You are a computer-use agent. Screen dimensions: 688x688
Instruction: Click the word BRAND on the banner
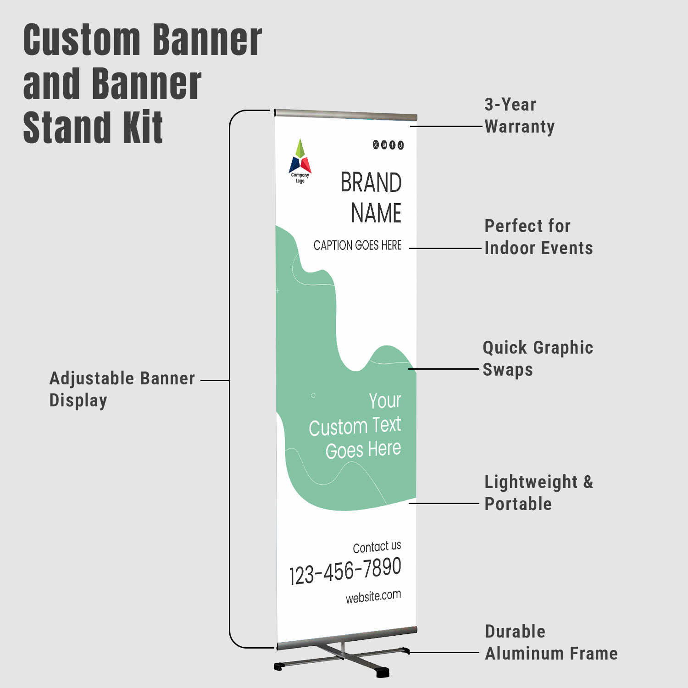(x=371, y=183)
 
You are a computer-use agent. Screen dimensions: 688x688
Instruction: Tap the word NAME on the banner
(x=377, y=213)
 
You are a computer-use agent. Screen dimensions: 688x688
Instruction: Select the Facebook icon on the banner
(x=392, y=145)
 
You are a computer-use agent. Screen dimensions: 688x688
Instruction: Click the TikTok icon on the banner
(x=401, y=145)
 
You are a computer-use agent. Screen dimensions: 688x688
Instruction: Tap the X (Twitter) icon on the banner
(x=376, y=145)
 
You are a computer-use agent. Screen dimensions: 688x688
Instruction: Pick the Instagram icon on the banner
(x=384, y=145)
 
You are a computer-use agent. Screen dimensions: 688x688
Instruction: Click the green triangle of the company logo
(x=300, y=148)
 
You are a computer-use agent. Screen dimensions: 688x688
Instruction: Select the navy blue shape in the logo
(x=294, y=165)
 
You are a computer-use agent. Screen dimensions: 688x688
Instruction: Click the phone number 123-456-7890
(x=345, y=571)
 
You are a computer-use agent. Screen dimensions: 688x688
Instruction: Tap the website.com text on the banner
(x=373, y=597)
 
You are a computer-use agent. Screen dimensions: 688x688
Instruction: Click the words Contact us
(x=377, y=547)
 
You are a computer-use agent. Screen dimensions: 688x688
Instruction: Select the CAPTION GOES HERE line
(x=357, y=245)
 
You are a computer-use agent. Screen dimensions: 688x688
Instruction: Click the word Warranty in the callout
(x=520, y=127)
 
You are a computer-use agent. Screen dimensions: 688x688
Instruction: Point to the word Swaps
(x=508, y=370)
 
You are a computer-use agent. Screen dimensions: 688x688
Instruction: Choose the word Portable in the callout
(x=518, y=504)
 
